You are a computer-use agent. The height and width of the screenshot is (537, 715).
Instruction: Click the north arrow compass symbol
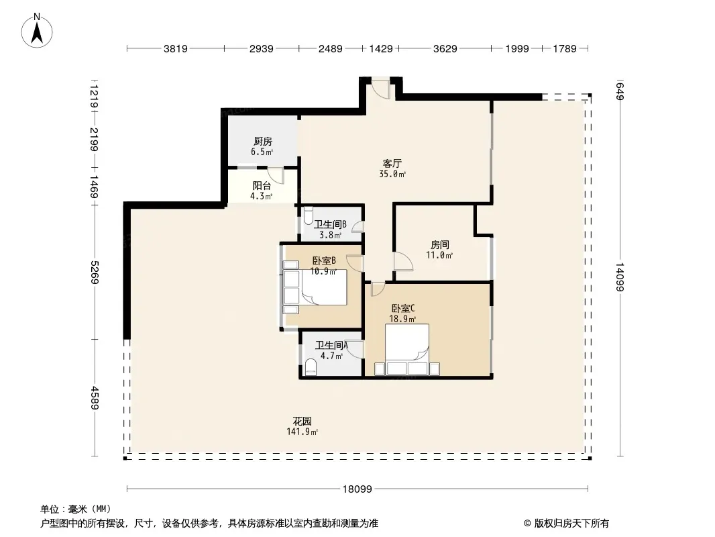(x=37, y=31)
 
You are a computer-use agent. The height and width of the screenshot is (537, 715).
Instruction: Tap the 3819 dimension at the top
(x=176, y=48)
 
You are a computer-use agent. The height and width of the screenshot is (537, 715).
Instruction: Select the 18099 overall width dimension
(x=357, y=489)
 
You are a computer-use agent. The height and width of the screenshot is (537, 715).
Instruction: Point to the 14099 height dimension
(x=620, y=277)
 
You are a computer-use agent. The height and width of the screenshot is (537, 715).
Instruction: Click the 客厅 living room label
(x=392, y=163)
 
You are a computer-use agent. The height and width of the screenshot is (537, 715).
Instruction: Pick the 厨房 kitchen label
(x=263, y=142)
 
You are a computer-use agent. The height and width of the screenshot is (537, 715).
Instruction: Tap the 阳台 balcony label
(x=262, y=186)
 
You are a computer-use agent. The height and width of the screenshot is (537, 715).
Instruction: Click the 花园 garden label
(x=302, y=421)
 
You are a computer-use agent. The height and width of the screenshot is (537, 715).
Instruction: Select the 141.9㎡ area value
(x=302, y=432)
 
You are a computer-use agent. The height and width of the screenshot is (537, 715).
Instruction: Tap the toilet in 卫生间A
(x=311, y=367)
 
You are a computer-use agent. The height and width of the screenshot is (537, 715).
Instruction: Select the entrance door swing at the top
(x=380, y=88)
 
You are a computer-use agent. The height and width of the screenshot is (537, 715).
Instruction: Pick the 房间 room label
(x=440, y=245)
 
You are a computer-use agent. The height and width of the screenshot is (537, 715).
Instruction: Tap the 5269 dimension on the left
(x=95, y=272)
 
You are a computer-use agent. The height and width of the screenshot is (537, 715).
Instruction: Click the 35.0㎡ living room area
(x=392, y=174)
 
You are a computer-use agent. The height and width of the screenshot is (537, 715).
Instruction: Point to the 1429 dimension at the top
(x=381, y=48)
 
